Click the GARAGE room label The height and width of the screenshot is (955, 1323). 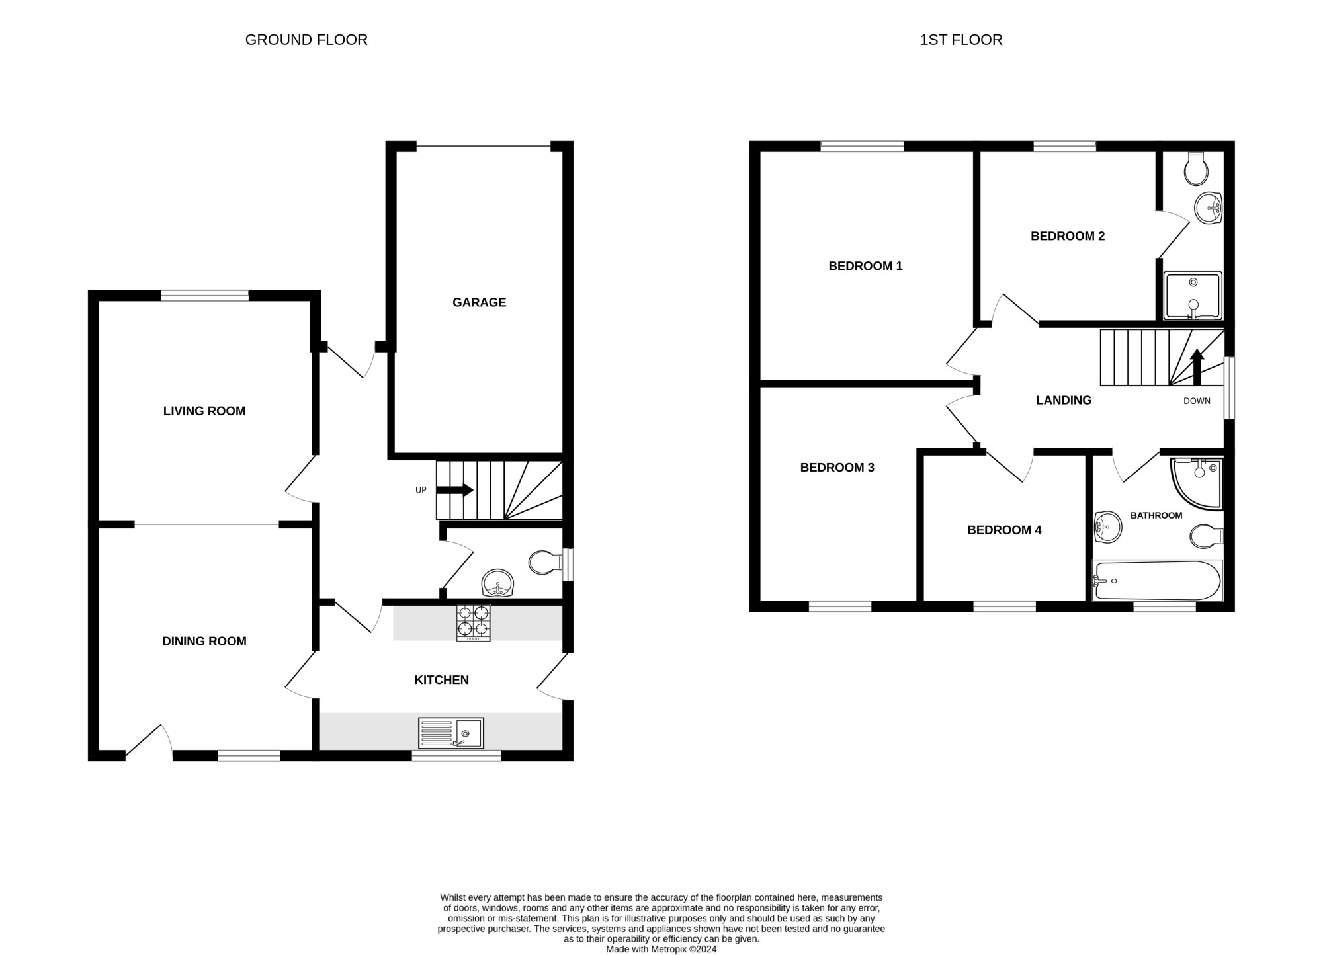point(479,302)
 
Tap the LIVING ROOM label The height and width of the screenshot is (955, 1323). point(204,411)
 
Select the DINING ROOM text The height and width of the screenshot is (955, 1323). point(204,641)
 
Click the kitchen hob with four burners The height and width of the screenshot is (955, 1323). point(473,623)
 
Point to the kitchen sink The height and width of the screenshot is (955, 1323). point(451,733)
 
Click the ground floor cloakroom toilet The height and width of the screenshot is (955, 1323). point(546,563)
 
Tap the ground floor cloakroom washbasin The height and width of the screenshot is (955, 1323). point(498,583)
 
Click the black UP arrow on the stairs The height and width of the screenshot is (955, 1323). point(454,490)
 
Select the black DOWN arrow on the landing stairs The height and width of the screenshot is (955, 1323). point(1197,367)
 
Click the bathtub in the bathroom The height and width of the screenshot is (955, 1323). point(1156,581)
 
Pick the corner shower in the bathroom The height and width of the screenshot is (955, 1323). point(1196,484)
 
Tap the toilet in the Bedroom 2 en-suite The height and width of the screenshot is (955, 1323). point(1197,169)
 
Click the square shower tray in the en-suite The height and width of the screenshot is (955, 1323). point(1193,296)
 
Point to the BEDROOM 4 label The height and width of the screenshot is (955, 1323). point(1004,530)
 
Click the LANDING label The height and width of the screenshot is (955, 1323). point(1064,400)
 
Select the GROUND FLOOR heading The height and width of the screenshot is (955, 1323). point(306,40)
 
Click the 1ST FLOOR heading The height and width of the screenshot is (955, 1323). point(961,40)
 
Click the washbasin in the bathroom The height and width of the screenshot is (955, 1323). point(1108,527)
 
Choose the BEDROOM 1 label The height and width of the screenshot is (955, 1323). point(865,266)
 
